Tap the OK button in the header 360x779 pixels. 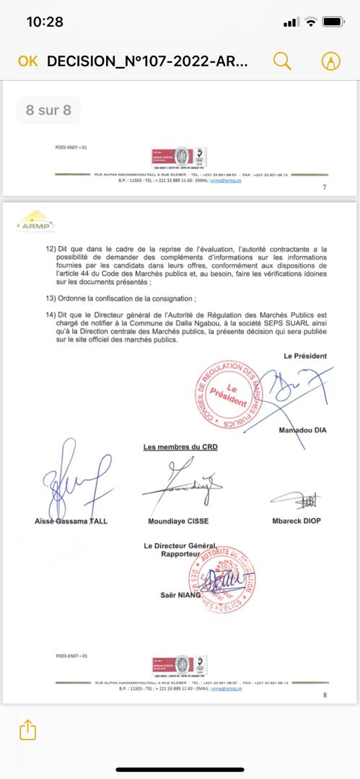[27, 61]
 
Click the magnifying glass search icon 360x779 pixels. [283, 61]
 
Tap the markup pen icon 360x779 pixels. [332, 61]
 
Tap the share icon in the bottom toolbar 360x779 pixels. [27, 729]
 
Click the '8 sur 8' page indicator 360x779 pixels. [48, 110]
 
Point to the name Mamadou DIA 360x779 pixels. [302, 431]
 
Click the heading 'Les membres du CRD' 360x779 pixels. [180, 447]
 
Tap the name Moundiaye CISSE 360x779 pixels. [180, 521]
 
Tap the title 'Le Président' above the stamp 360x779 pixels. [305, 356]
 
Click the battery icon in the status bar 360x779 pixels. [333, 22]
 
